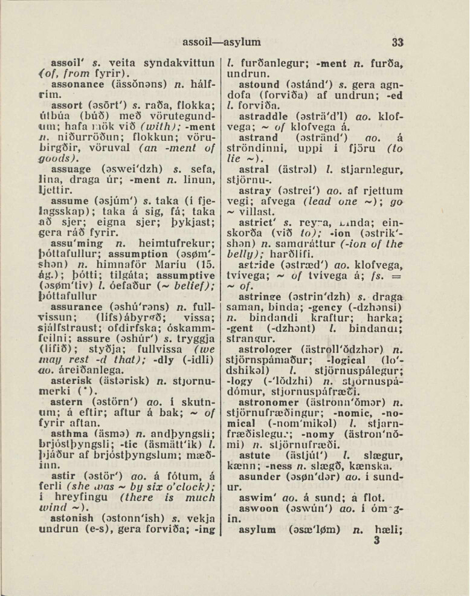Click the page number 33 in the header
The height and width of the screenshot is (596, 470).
click(396, 42)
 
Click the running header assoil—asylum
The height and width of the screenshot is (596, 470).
click(222, 42)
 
